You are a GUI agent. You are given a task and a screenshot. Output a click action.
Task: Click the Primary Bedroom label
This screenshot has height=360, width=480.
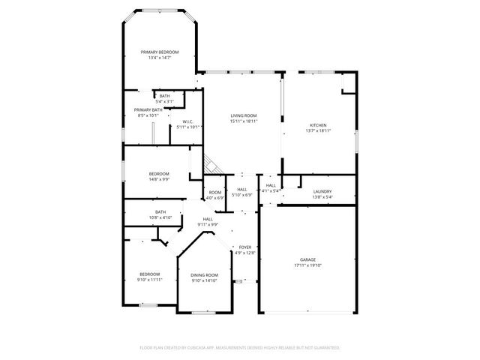(160, 52)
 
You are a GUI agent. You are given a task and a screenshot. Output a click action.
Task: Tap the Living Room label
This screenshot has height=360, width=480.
(244, 115)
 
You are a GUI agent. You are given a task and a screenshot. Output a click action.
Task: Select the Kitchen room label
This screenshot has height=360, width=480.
(319, 125)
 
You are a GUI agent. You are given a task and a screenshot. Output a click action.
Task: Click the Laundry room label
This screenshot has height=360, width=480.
(322, 191)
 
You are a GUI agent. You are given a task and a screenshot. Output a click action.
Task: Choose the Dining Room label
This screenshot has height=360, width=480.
(204, 275)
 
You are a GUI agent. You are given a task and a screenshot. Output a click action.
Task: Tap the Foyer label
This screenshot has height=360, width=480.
(245, 247)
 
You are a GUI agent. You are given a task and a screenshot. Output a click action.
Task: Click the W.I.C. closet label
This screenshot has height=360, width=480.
(188, 121)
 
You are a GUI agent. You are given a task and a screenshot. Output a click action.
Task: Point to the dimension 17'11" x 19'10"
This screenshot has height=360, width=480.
(307, 266)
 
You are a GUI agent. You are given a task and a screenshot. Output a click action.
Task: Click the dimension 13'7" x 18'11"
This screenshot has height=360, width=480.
(319, 131)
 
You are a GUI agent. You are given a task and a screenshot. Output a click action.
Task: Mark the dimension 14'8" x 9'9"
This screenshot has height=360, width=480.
(158, 180)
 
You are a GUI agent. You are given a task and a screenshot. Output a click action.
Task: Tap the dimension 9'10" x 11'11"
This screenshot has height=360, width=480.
(150, 280)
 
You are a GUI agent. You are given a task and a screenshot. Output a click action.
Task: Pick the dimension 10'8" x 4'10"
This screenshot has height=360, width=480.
(160, 217)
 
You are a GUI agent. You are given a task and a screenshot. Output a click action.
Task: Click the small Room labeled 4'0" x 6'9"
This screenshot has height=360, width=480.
(215, 197)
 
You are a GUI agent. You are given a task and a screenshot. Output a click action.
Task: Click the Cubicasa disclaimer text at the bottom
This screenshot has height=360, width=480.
(240, 348)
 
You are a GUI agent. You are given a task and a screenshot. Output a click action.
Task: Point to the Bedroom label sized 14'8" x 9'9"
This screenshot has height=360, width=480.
(158, 174)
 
